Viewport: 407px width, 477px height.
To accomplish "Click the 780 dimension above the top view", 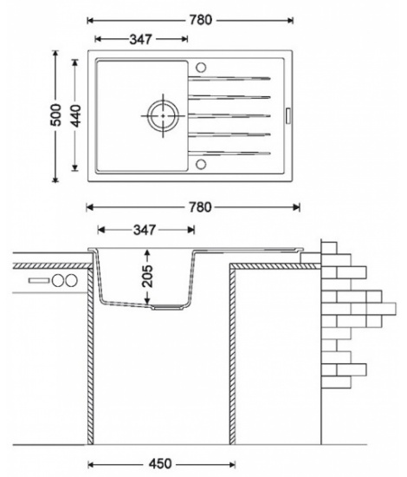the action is click(x=201, y=20).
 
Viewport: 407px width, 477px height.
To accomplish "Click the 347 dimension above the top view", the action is click(x=140, y=39).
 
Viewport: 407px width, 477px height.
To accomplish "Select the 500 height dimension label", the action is click(x=56, y=115).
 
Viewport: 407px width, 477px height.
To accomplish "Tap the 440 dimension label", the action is click(x=76, y=116).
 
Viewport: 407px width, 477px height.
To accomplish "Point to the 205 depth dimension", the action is click(x=148, y=276).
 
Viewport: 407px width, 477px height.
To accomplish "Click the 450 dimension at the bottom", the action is click(x=160, y=464).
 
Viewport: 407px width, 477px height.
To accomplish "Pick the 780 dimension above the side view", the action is click(x=200, y=207).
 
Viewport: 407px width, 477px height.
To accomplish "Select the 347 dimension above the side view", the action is click(x=145, y=230).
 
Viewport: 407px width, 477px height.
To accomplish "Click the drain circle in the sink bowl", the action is click(x=163, y=115).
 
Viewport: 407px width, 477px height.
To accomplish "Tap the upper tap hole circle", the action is click(x=201, y=68).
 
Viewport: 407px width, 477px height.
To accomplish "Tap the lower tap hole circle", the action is click(x=201, y=164).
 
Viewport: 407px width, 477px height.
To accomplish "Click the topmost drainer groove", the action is click(x=229, y=78).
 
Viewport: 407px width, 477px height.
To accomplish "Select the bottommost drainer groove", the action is click(x=229, y=154).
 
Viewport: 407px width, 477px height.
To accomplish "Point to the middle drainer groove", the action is click(x=229, y=115).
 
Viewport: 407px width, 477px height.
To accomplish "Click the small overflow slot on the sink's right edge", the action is click(x=288, y=115).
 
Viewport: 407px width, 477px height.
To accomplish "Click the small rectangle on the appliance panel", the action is click(x=39, y=280).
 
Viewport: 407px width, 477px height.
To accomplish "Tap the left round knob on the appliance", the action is click(x=58, y=280).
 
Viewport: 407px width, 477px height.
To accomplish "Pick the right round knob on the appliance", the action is click(x=71, y=280).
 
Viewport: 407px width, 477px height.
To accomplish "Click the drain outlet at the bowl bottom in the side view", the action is click(x=168, y=307).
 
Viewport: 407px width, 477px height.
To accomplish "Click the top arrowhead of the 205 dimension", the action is click(x=147, y=252).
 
